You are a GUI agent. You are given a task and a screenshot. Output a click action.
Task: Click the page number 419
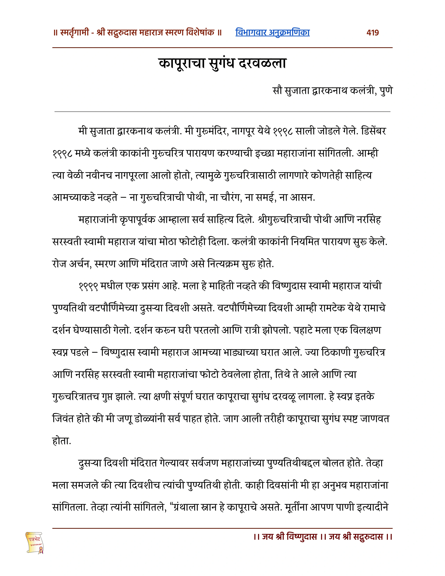click(x=373, y=33)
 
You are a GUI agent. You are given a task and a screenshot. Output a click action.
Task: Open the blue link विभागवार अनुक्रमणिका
click(x=272, y=32)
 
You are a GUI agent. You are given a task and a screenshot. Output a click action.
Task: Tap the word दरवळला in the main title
click(x=262, y=63)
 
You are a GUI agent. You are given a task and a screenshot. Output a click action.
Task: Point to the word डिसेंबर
click(x=374, y=131)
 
